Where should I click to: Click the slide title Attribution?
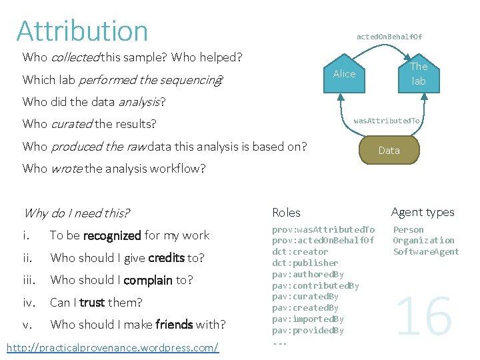(x=83, y=31)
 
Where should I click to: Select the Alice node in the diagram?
(x=344, y=74)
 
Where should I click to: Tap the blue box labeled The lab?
(x=418, y=74)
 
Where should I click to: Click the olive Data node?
(x=389, y=151)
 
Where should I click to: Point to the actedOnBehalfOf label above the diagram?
(x=389, y=37)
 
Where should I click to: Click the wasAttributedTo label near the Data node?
(x=387, y=121)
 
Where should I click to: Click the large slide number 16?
(x=424, y=317)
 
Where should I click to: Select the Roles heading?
(x=286, y=213)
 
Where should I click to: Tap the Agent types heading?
(x=423, y=212)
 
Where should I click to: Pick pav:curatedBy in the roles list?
(x=305, y=297)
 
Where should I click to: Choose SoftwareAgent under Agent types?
(x=426, y=252)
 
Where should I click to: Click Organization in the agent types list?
(x=423, y=241)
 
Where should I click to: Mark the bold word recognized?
(x=113, y=235)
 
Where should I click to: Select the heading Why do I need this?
(x=76, y=213)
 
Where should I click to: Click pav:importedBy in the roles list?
(x=308, y=319)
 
